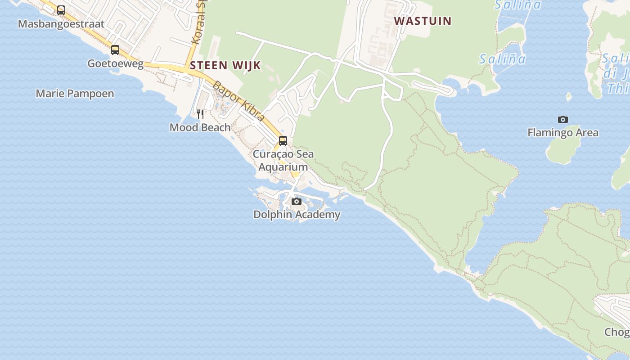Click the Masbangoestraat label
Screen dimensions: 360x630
[x=61, y=24]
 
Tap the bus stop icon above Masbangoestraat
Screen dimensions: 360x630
[x=61, y=10]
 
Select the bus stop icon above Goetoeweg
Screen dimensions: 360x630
[x=115, y=49]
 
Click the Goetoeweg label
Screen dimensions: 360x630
[x=115, y=63]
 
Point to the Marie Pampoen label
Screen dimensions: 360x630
[x=75, y=94]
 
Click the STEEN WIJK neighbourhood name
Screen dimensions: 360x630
[x=225, y=65]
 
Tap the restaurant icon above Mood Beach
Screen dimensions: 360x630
[x=200, y=114]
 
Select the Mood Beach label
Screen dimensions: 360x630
[x=200, y=127]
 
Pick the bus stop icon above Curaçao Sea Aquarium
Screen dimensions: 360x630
[x=283, y=140]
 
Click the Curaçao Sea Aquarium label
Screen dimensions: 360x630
[x=283, y=161]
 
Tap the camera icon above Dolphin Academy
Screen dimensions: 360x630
[x=296, y=201]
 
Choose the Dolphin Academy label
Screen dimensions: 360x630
[x=297, y=215]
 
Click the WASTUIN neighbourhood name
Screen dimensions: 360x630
[x=423, y=21]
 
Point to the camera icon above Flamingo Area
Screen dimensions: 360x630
[x=562, y=119]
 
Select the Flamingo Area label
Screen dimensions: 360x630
[x=562, y=133]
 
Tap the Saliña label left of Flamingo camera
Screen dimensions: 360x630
[x=502, y=59]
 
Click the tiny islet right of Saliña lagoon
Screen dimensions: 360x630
[x=569, y=96]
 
